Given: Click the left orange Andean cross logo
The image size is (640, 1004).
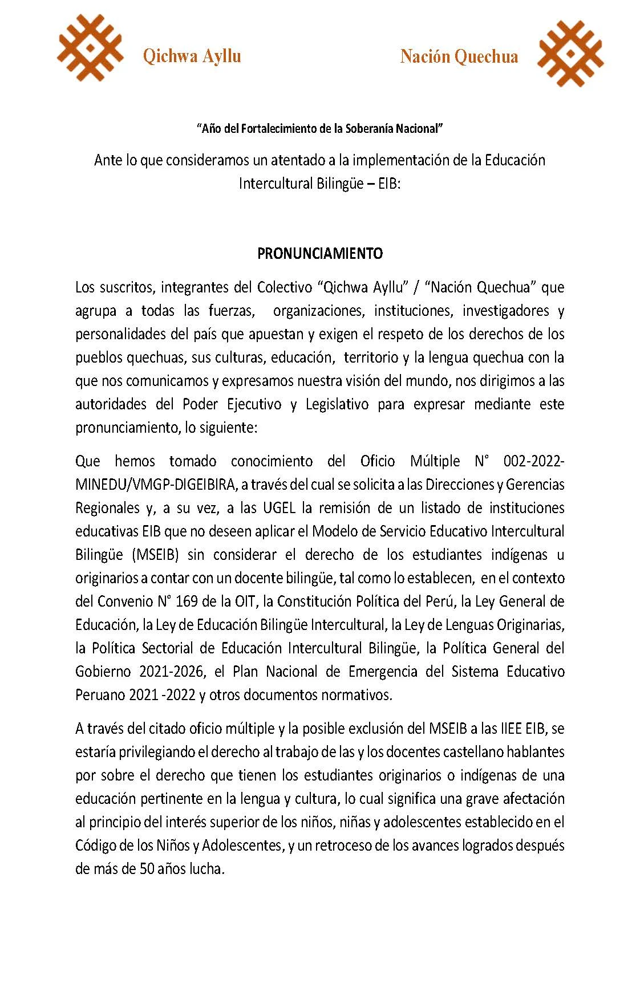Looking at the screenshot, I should pos(90,48).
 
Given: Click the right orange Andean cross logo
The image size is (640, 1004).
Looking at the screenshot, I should pos(570,54).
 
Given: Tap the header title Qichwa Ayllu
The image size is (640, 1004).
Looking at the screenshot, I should pos(192,56).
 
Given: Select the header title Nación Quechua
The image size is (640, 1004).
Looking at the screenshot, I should pos(459,56).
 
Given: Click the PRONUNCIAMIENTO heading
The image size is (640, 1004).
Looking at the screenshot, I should pos(320,254).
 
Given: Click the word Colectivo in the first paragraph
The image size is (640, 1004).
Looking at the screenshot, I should pos(284,287).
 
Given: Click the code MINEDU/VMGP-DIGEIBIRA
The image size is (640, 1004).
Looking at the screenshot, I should pos(155,485).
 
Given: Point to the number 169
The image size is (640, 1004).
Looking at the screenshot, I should pos(187,601).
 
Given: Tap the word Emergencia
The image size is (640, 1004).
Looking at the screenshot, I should pos(380,672).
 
